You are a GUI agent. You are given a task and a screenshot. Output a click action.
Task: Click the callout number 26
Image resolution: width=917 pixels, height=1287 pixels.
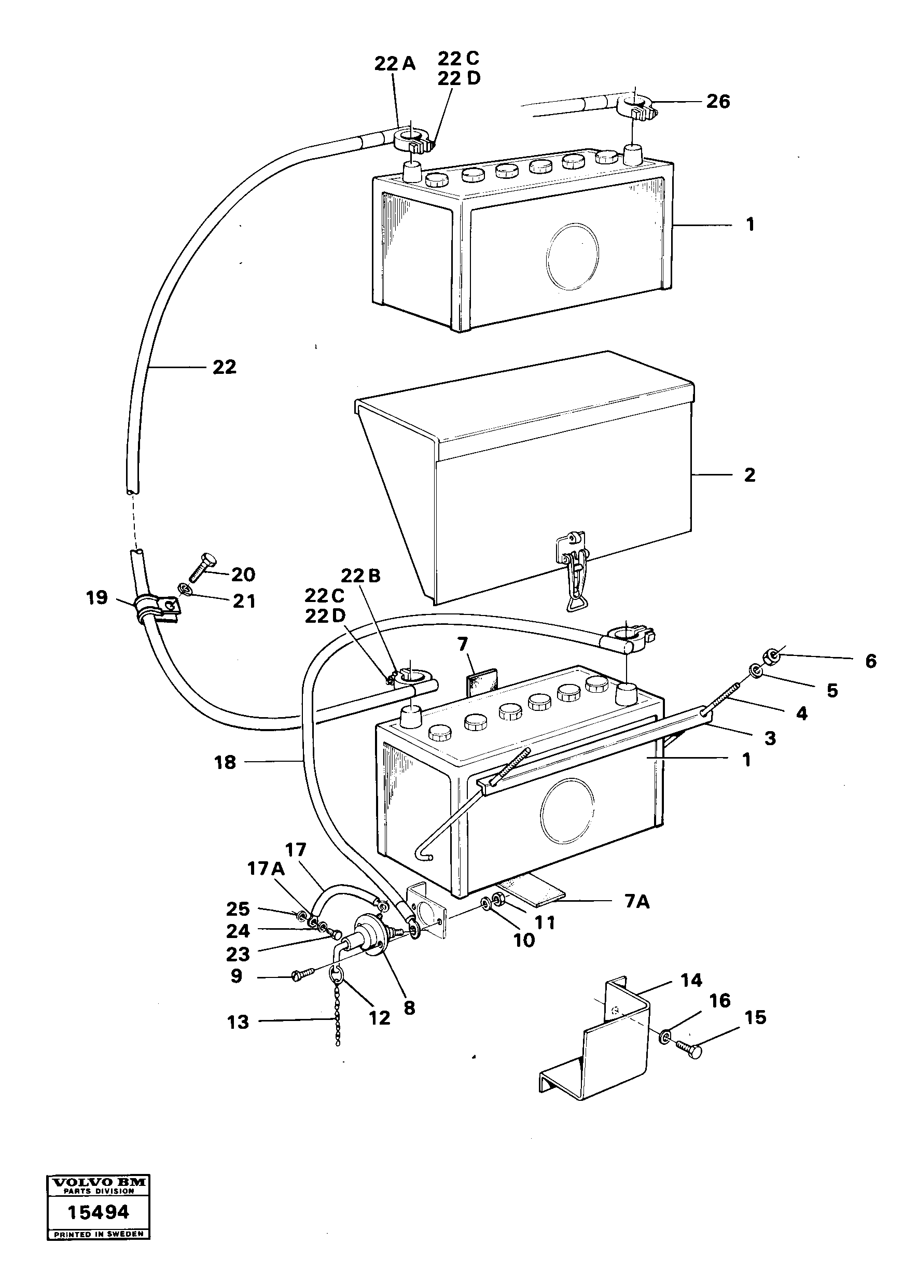(x=718, y=102)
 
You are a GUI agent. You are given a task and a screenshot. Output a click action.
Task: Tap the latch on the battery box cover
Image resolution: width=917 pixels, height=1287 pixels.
(x=574, y=570)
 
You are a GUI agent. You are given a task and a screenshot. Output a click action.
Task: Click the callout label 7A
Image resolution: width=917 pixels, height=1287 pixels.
(x=637, y=902)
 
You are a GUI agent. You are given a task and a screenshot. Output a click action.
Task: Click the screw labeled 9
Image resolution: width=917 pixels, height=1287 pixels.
(x=303, y=974)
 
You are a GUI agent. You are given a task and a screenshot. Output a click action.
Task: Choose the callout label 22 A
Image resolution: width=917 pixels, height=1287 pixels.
(x=395, y=64)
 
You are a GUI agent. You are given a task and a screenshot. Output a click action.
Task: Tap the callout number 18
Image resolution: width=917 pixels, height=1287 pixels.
(x=225, y=763)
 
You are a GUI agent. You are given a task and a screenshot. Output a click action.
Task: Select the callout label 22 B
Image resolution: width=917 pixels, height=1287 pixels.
(x=360, y=576)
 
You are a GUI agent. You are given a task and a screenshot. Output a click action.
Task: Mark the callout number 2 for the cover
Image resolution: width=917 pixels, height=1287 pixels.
(x=749, y=475)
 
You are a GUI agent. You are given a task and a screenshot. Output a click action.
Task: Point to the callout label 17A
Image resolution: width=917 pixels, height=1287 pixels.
(x=266, y=869)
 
